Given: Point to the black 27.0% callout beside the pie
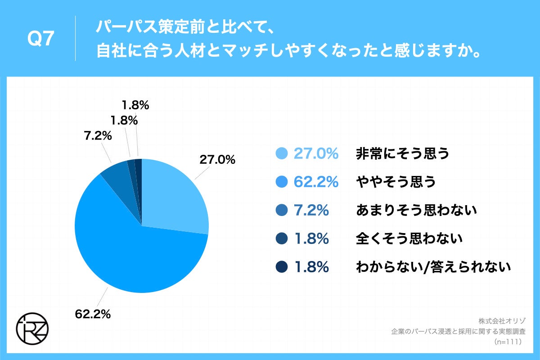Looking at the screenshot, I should [x=217, y=159].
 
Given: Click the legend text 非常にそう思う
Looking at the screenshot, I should [x=403, y=154].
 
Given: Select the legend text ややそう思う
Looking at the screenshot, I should [x=396, y=182].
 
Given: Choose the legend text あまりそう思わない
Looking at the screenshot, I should [x=416, y=210].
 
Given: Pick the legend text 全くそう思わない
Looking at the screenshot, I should [x=409, y=238].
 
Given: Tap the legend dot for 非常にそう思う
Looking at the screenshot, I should [x=282, y=154].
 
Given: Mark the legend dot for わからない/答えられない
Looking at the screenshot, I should [x=282, y=267].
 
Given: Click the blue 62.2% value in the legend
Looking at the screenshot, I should [x=316, y=182].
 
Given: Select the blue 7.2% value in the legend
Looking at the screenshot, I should [x=310, y=210].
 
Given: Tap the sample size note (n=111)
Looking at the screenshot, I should [x=507, y=342].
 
